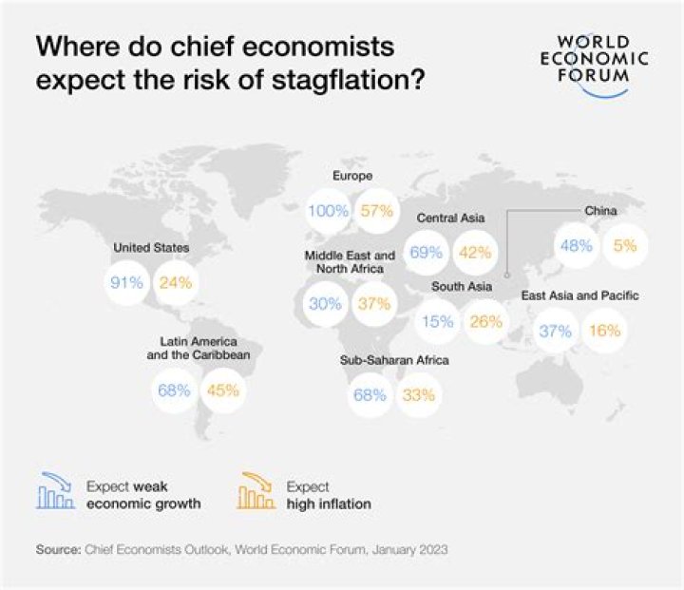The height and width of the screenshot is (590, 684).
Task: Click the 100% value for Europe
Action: [x=329, y=211]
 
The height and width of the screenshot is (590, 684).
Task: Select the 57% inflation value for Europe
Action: [x=377, y=211]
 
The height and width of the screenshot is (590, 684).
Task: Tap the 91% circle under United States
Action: [x=126, y=282]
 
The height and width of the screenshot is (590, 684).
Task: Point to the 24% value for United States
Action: [x=176, y=282]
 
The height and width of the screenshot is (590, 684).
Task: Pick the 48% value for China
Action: [x=577, y=244]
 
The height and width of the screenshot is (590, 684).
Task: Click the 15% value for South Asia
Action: [x=437, y=321]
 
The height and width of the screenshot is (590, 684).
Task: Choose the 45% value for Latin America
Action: [x=223, y=390]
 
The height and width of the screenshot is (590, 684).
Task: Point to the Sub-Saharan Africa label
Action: [x=394, y=361]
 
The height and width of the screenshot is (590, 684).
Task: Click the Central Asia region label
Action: [x=451, y=218]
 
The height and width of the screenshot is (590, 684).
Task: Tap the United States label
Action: [x=151, y=248]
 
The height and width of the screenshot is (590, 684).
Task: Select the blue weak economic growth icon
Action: [x=56, y=493]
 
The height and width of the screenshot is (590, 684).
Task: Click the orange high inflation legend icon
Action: [x=256, y=493]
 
